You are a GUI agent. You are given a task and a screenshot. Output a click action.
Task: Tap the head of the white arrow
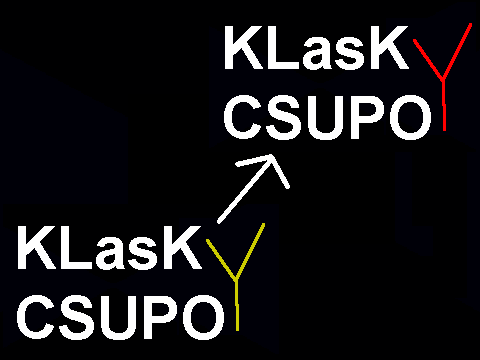pyautogui.click(x=271, y=156)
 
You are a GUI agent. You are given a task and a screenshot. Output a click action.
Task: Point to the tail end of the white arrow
pyautogui.click(x=219, y=222)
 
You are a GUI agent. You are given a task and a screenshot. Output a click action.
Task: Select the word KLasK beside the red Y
pyautogui.click(x=317, y=47)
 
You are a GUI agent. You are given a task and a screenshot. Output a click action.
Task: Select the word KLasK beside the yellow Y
pyautogui.click(x=110, y=247)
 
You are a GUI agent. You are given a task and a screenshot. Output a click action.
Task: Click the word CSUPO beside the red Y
pyautogui.click(x=327, y=117)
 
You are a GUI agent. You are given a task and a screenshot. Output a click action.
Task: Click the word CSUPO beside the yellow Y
pyautogui.click(x=121, y=317)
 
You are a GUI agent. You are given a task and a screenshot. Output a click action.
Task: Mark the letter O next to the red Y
pyautogui.click(x=410, y=117)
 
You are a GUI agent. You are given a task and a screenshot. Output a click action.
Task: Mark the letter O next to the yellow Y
pyautogui.click(x=203, y=317)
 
